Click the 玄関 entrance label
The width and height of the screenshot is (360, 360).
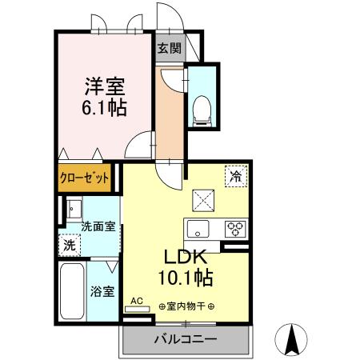[169, 48]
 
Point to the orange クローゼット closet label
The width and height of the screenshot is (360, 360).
[84, 178]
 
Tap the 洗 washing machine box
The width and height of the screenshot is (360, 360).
[70, 246]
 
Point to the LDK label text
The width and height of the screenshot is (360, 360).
[186, 258]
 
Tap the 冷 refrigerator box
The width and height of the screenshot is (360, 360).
[236, 174]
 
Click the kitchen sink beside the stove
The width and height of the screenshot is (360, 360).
[198, 227]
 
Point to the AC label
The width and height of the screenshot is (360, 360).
[137, 302]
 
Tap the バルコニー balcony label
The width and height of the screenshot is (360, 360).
[185, 339]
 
